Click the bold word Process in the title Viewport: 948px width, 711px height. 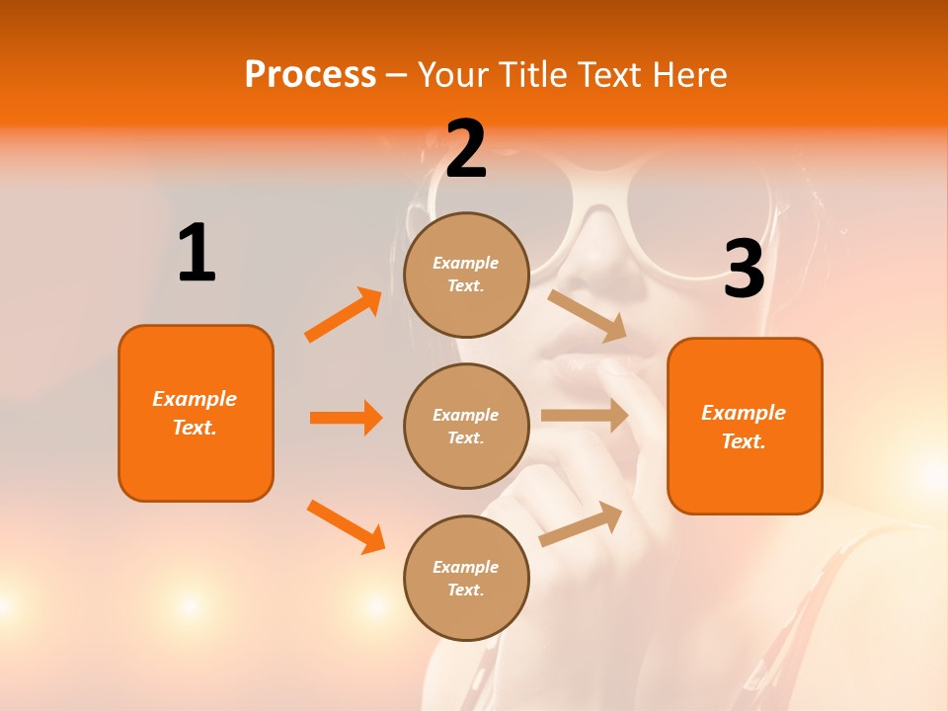click(310, 74)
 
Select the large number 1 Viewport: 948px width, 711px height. click(197, 254)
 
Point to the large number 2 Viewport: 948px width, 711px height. click(466, 150)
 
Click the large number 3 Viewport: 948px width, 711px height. click(745, 270)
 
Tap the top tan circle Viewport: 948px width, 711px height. click(466, 275)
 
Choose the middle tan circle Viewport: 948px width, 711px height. click(466, 426)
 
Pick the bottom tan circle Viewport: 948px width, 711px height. click(466, 578)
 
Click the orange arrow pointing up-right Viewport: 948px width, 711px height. click(344, 315)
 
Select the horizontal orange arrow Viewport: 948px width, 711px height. click(346, 418)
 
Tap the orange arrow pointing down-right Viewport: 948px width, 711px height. click(346, 526)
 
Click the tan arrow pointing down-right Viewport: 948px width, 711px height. click(588, 315)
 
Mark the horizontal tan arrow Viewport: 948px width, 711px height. click(585, 416)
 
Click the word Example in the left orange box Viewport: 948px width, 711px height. click(195, 399)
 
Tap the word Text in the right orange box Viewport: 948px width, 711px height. click(743, 441)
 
